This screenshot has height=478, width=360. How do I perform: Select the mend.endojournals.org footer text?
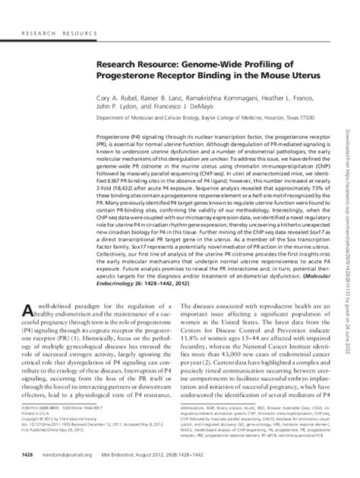click(x=71, y=454)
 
